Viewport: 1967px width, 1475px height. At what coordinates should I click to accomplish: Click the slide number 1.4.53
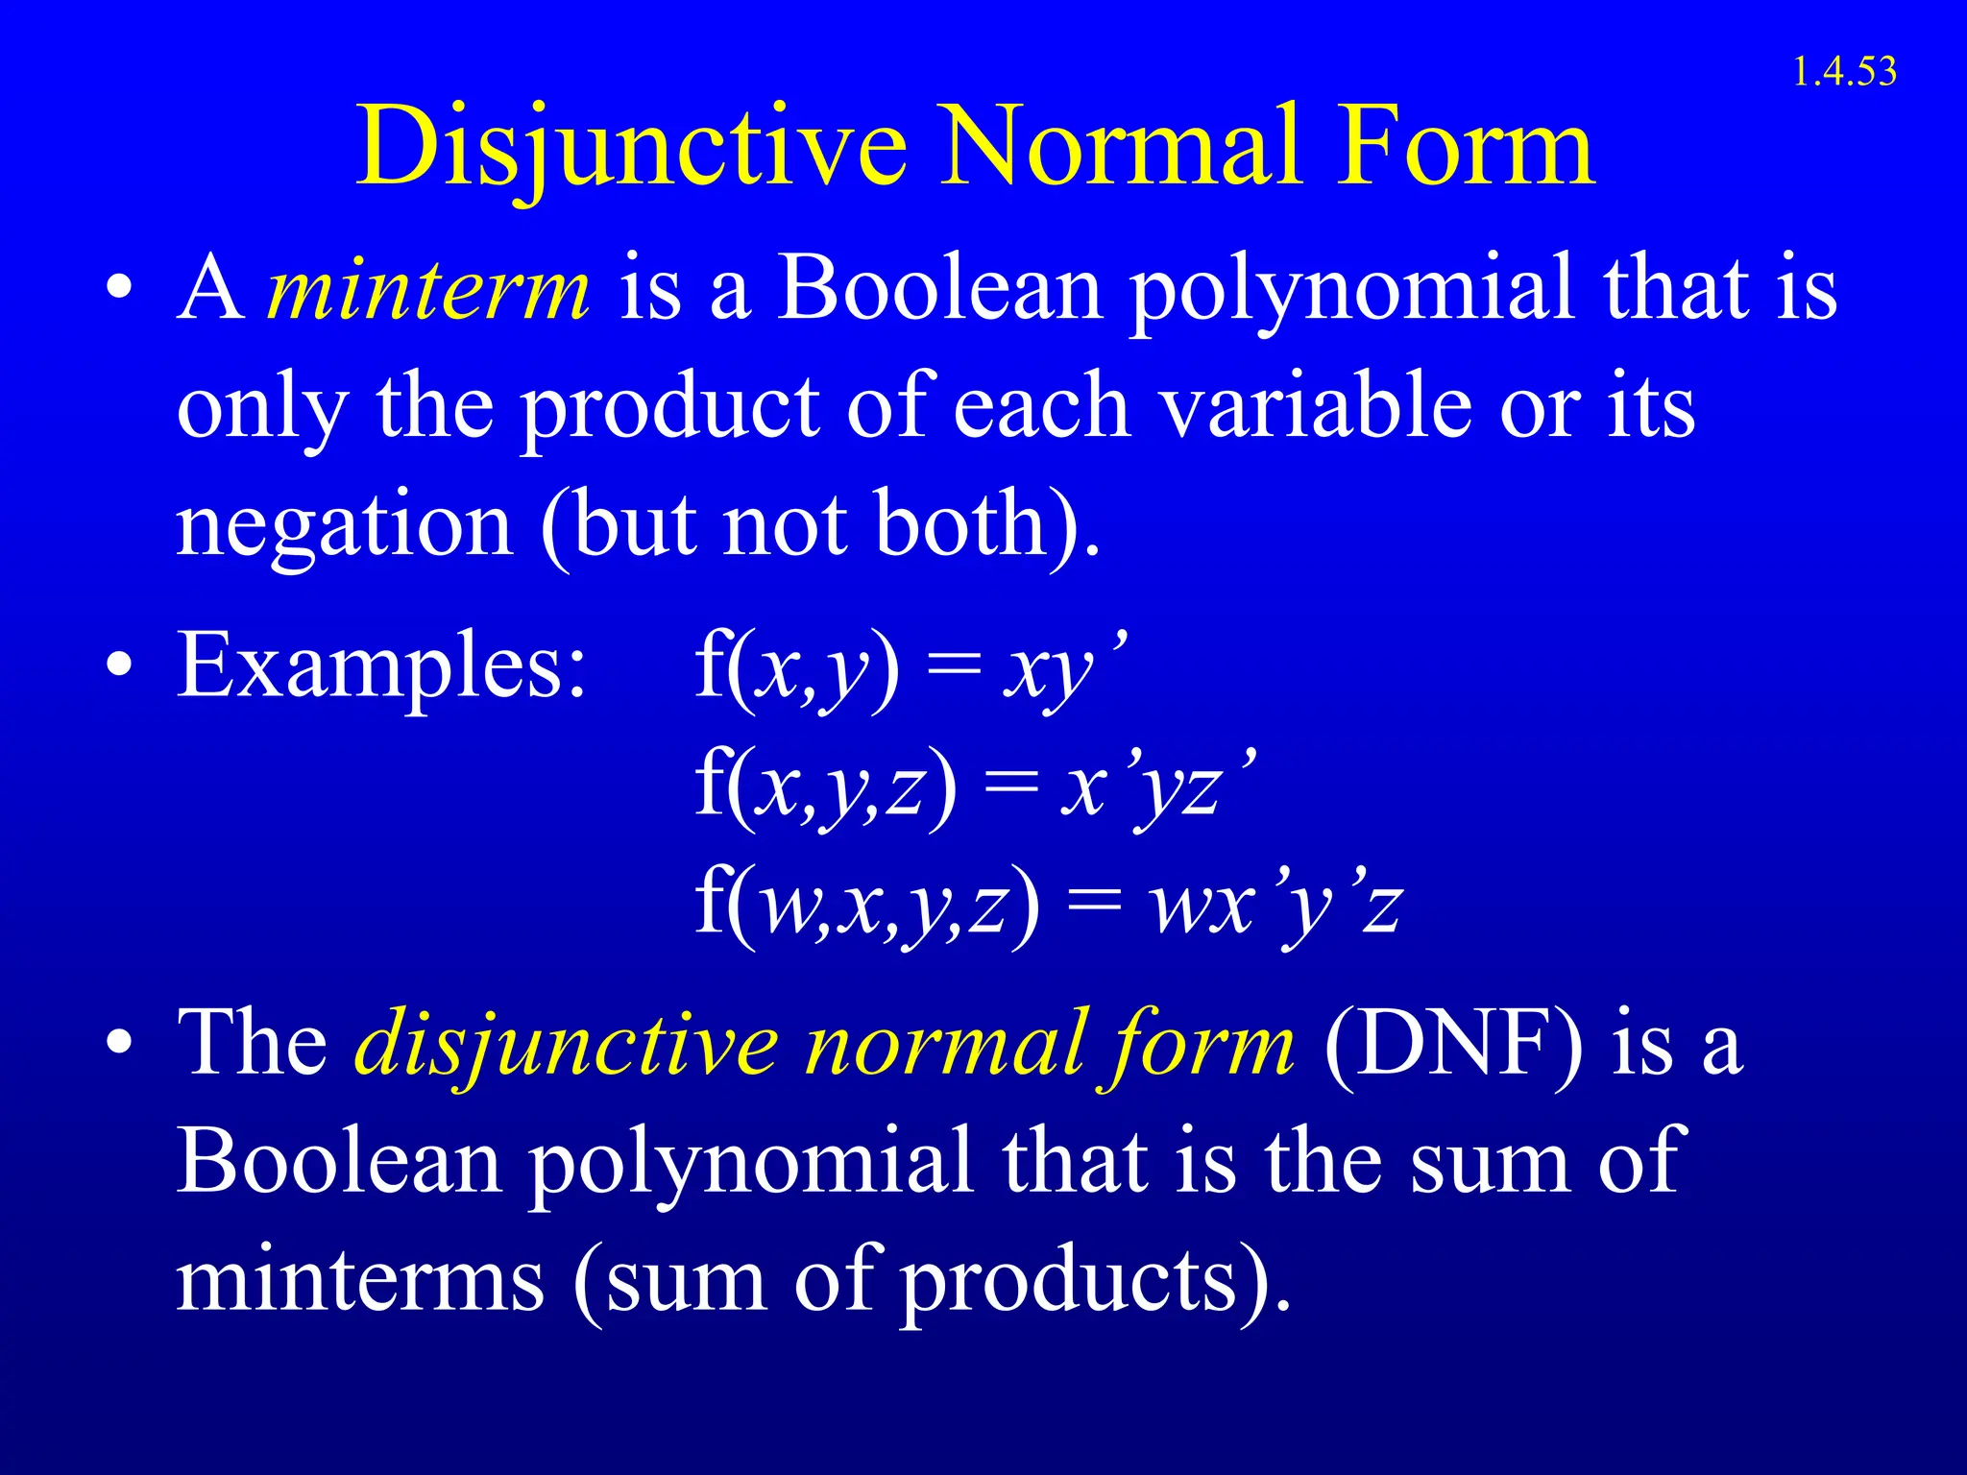pos(1844,72)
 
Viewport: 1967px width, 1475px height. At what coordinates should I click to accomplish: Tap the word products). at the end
pos(1095,1282)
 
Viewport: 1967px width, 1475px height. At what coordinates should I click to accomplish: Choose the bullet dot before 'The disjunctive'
pos(119,1042)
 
